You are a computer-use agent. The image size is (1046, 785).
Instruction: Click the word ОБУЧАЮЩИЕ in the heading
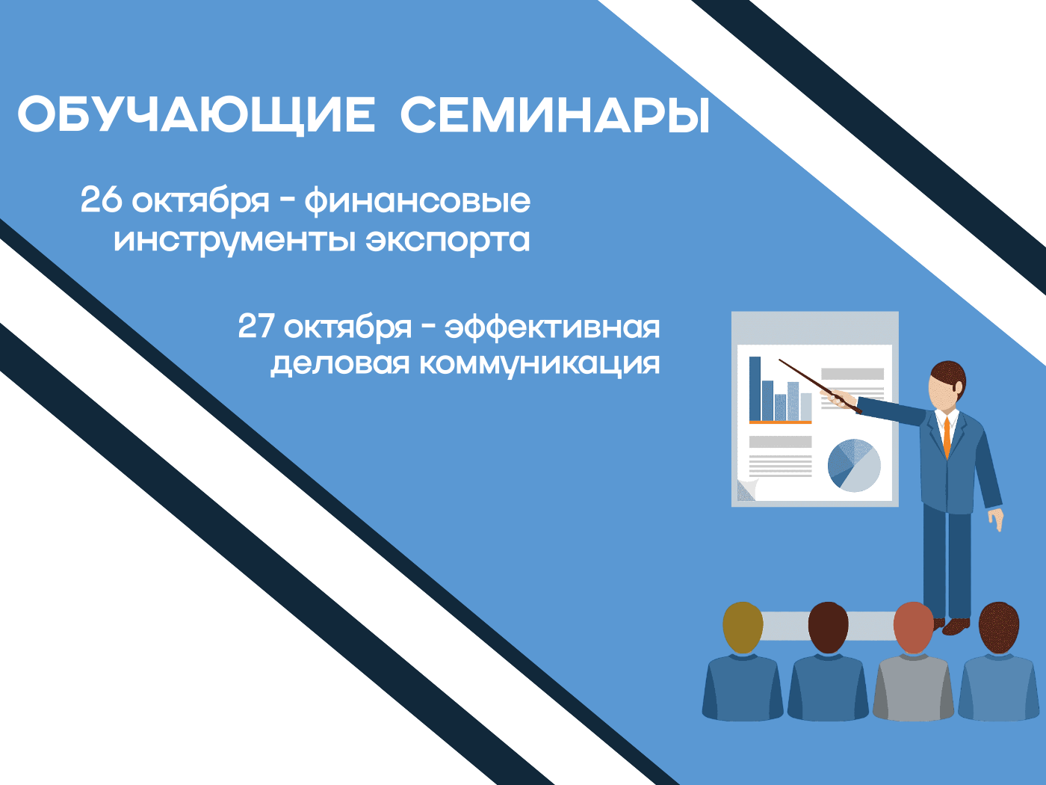click(196, 116)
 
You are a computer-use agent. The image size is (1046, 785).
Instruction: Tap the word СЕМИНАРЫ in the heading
click(554, 116)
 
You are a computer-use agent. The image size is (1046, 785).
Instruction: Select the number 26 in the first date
click(100, 200)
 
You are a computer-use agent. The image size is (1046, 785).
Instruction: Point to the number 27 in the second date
click(256, 327)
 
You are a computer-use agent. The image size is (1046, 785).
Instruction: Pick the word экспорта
click(448, 240)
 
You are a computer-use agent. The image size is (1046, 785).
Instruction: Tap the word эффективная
click(552, 327)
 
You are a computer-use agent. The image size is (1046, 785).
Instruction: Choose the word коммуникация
click(539, 364)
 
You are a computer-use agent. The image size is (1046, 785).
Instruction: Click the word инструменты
click(234, 241)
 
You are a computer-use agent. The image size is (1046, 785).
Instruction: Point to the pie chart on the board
click(854, 465)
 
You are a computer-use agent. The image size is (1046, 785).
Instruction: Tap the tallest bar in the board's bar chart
click(755, 388)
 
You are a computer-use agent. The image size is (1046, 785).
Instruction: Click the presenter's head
click(947, 385)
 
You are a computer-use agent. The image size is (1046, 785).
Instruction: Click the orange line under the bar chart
click(780, 422)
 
